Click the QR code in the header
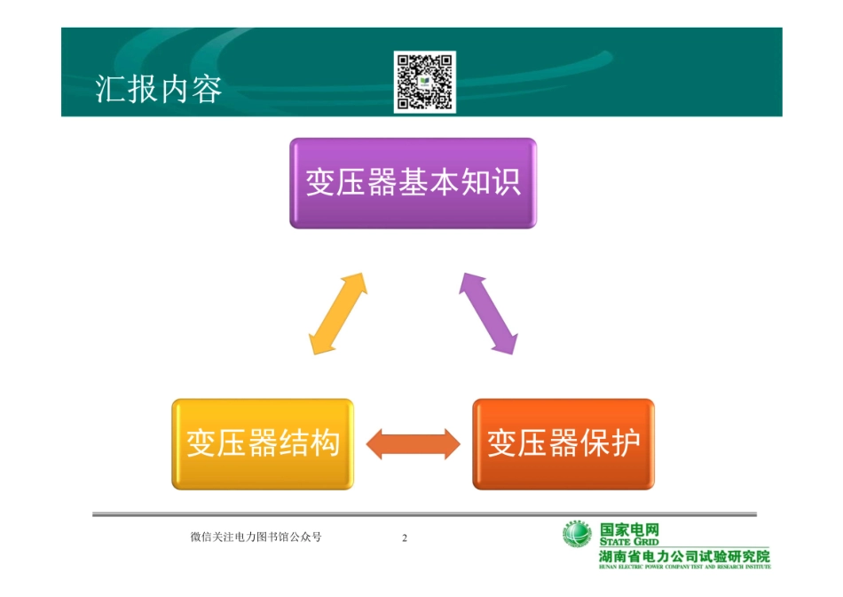(x=424, y=82)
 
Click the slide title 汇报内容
(x=158, y=90)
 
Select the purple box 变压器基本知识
(x=413, y=183)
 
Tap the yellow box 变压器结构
(x=263, y=443)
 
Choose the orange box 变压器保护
(x=563, y=443)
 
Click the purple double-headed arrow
(x=488, y=314)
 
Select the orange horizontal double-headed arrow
(x=413, y=443)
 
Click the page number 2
(x=405, y=538)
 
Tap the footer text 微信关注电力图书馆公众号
(x=256, y=537)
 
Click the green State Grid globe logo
(x=577, y=535)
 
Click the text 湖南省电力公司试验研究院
(x=684, y=556)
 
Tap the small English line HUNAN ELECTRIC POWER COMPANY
(x=684, y=566)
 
